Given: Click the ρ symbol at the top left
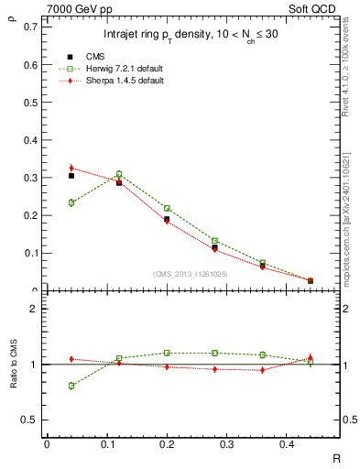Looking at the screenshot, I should coord(11,15).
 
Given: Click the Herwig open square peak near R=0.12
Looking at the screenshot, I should coord(119,174).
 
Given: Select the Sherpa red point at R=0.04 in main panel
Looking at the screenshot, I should coord(71,168).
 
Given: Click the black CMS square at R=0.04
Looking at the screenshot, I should coord(71,175).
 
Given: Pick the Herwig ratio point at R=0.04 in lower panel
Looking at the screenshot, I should coord(71,386).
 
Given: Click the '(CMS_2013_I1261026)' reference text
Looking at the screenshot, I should coord(190,273).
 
